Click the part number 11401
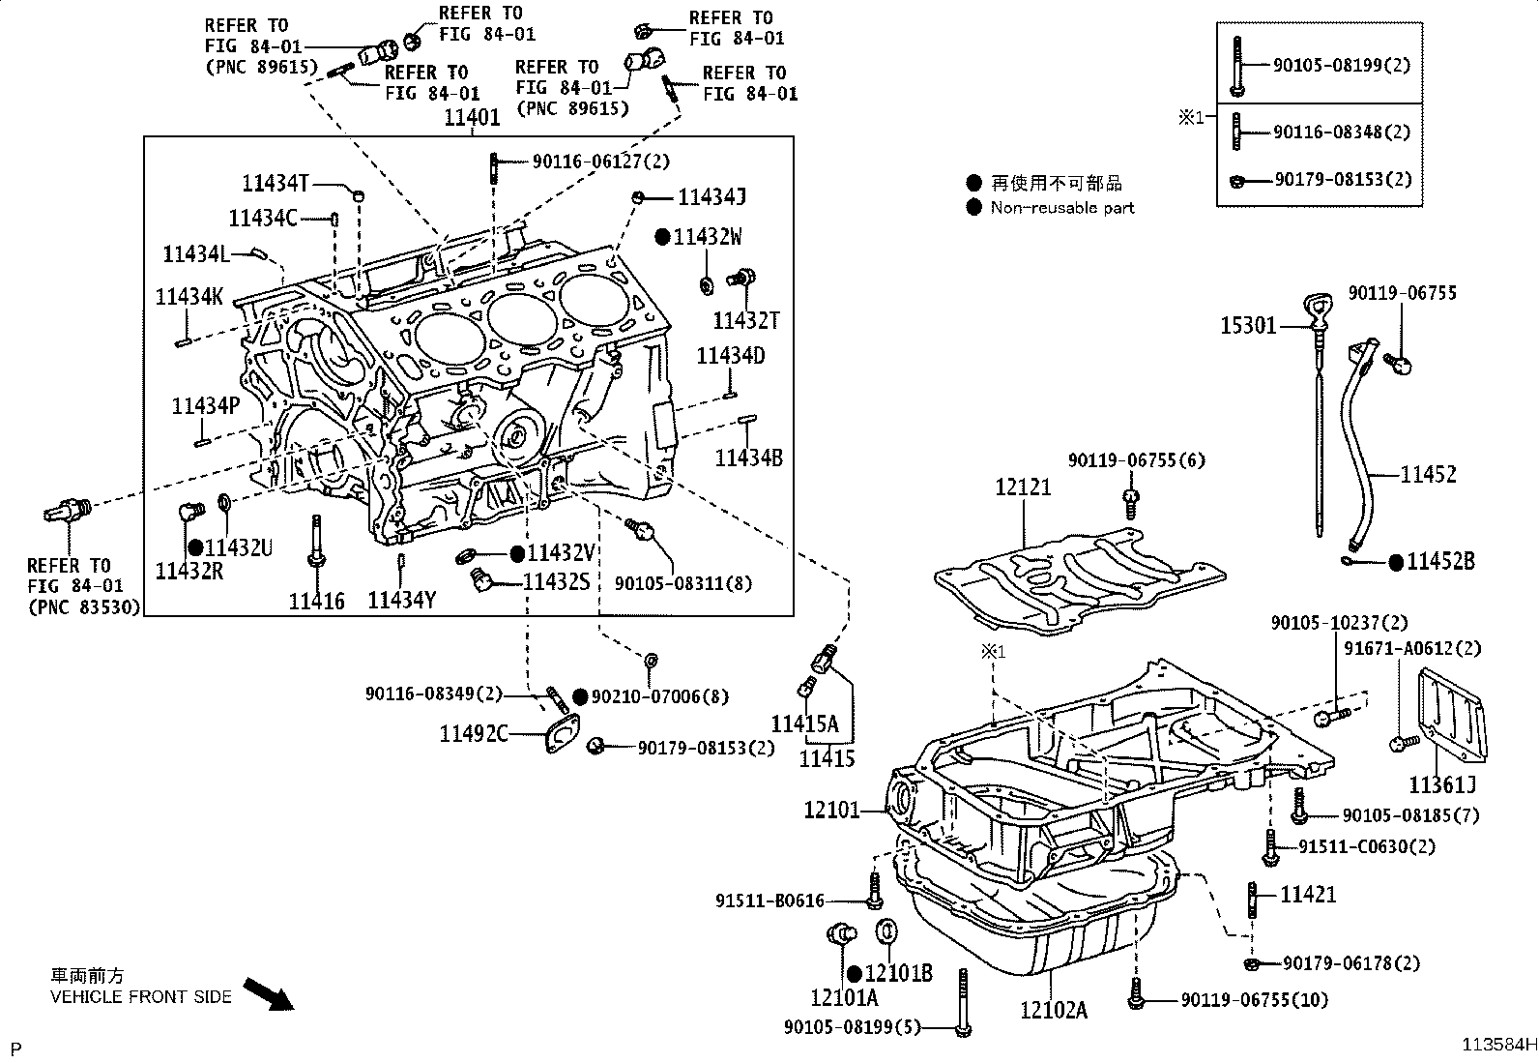[x=472, y=118]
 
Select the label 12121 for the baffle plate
[x=1023, y=487]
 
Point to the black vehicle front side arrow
[x=269, y=994]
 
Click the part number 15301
[x=1248, y=325]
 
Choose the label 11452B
[x=1440, y=561]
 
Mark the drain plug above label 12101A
[x=842, y=933]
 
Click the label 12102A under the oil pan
[x=1054, y=1010]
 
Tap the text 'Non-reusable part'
[x=1062, y=208]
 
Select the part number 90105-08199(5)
[x=852, y=1027]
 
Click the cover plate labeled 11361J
[x=1452, y=717]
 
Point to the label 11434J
[x=711, y=197]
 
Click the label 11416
[x=316, y=601]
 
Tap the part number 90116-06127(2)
[x=601, y=162]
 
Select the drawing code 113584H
[x=1499, y=1045]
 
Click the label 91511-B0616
[x=769, y=901]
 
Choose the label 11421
[x=1308, y=895]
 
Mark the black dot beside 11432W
[x=662, y=237]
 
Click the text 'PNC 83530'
[x=84, y=607]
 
